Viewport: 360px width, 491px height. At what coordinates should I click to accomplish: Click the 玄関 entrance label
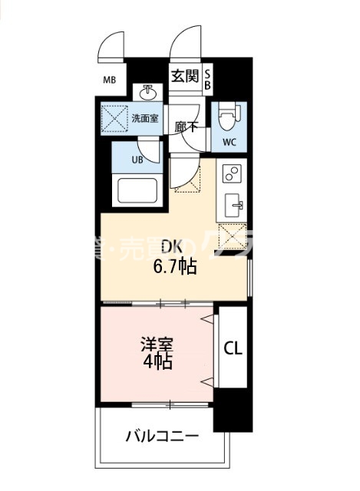185,77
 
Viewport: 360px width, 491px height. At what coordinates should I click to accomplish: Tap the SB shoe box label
206,80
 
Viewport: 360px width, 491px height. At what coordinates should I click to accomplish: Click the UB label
137,160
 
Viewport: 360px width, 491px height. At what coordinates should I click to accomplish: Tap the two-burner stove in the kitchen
231,175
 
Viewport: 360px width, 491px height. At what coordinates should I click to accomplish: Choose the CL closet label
233,348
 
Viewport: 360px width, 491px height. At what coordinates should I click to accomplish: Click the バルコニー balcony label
162,437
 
